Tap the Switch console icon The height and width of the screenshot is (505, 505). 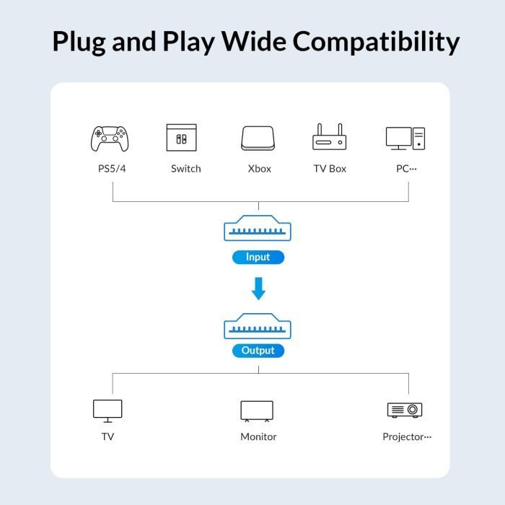click(x=181, y=138)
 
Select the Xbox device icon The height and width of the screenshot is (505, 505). click(x=258, y=138)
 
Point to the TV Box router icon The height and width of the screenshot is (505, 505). click(x=330, y=137)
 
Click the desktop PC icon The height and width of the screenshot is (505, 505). click(x=405, y=139)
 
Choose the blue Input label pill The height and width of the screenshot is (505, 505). click(x=258, y=257)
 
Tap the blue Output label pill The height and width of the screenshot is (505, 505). click(x=258, y=351)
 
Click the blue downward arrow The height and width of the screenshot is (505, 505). click(x=258, y=289)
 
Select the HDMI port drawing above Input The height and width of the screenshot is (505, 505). click(x=258, y=229)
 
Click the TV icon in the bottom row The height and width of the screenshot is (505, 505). click(x=107, y=410)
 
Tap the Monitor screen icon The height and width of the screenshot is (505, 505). click(x=257, y=410)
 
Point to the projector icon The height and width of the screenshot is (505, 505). click(x=405, y=410)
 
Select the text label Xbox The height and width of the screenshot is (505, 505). click(x=259, y=169)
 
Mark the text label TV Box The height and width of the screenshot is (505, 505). click(x=330, y=169)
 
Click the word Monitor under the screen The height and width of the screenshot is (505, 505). click(x=258, y=436)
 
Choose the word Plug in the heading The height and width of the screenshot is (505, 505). click(x=82, y=43)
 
